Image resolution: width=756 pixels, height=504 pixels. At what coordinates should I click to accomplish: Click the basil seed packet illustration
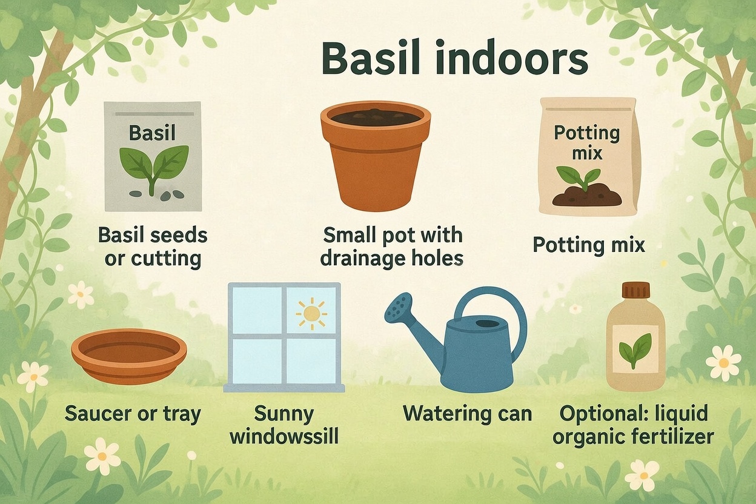click(x=152, y=156)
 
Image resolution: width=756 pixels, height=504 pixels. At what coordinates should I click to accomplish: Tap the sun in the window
click(x=311, y=313)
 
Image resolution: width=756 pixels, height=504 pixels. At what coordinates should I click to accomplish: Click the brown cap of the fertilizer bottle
click(x=635, y=290)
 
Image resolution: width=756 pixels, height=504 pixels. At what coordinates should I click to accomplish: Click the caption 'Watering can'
click(x=467, y=414)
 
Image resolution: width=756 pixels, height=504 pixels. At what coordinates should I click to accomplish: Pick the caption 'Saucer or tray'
click(x=132, y=414)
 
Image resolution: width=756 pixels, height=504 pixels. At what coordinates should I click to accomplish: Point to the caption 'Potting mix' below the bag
click(x=588, y=245)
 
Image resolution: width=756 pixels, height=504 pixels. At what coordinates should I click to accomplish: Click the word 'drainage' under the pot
click(x=366, y=258)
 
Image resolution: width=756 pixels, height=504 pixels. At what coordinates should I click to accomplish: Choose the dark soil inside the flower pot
click(x=376, y=117)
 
